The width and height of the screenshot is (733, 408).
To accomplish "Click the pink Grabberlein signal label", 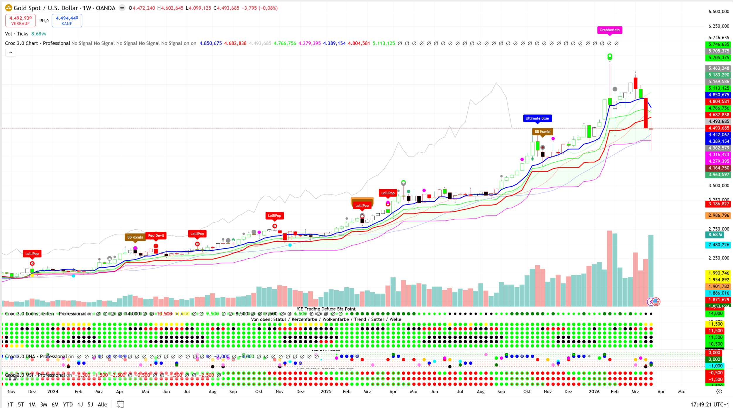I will (x=610, y=30).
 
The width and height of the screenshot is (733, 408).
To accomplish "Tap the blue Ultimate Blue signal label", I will (x=537, y=118).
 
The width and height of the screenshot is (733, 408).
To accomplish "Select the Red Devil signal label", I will (x=156, y=235).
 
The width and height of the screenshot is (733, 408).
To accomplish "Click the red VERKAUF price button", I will (x=21, y=21).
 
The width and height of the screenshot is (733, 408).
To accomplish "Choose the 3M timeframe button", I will (x=43, y=404).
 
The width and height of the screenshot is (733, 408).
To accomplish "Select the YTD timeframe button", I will (x=68, y=404).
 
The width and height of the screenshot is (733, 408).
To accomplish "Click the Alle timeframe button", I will (x=102, y=404).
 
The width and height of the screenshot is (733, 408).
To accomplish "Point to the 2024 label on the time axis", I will (x=53, y=392).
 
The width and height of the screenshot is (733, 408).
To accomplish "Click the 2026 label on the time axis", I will (x=594, y=392).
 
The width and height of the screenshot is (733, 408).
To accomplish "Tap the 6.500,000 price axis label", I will (x=719, y=11).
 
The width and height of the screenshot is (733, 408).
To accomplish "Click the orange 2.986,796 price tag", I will (x=719, y=215).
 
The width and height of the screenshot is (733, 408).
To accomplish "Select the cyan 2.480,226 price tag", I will (x=719, y=245).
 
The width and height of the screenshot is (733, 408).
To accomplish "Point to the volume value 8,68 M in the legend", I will (x=39, y=34).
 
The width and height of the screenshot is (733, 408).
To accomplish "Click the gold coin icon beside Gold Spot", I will (x=9, y=8).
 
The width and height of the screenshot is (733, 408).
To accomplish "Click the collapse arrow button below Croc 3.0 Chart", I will (x=11, y=53).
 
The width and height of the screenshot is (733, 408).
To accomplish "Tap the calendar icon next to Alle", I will (x=120, y=404).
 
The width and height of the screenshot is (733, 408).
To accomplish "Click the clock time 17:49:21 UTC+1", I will (x=710, y=404).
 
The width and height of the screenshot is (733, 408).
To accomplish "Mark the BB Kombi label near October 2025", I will (x=542, y=132).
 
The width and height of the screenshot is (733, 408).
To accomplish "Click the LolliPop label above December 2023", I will (x=32, y=254).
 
